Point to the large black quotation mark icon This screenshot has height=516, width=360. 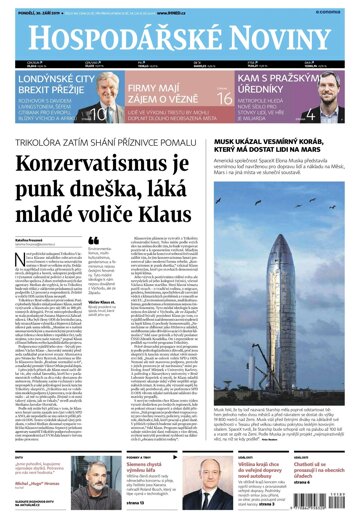click(95, 241)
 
